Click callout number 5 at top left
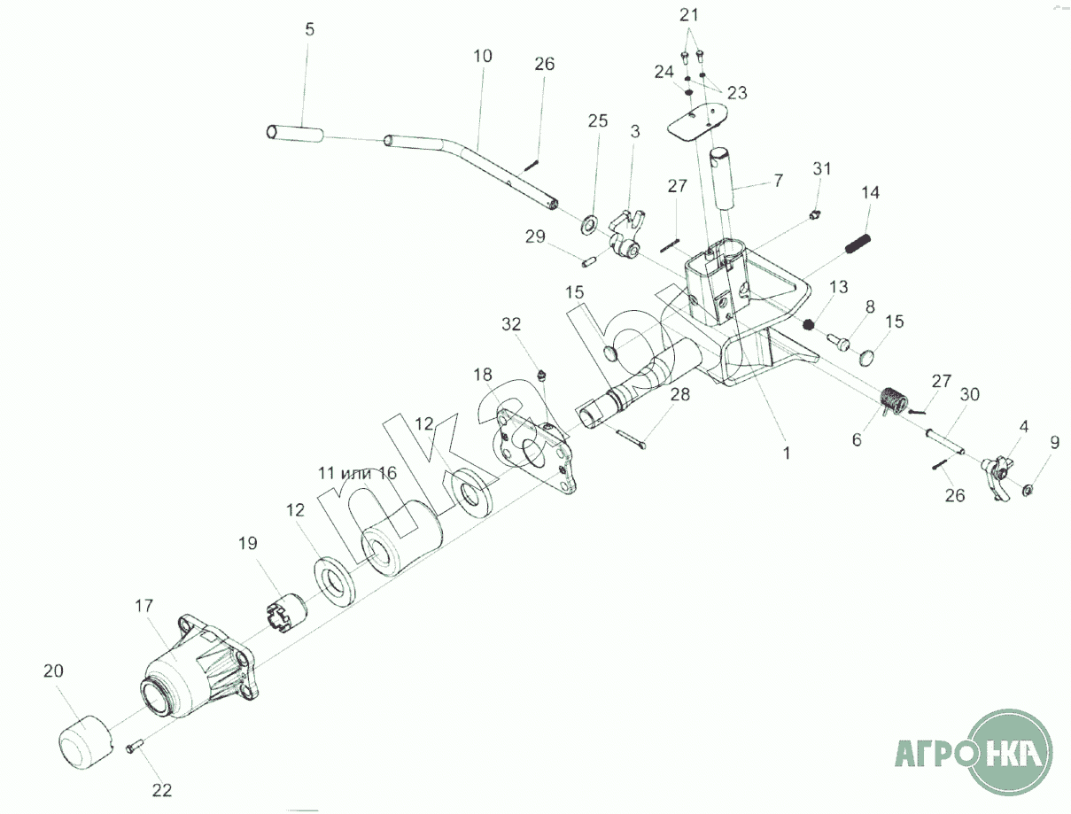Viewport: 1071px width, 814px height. [308, 29]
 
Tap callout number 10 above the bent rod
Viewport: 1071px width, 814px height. [482, 56]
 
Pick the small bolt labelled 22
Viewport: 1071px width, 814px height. [135, 748]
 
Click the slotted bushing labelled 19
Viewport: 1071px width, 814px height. [285, 612]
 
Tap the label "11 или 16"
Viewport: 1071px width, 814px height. [358, 472]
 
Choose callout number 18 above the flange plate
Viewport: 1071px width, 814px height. [482, 376]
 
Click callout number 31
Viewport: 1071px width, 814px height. [823, 168]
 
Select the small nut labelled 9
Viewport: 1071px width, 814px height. [1028, 490]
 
